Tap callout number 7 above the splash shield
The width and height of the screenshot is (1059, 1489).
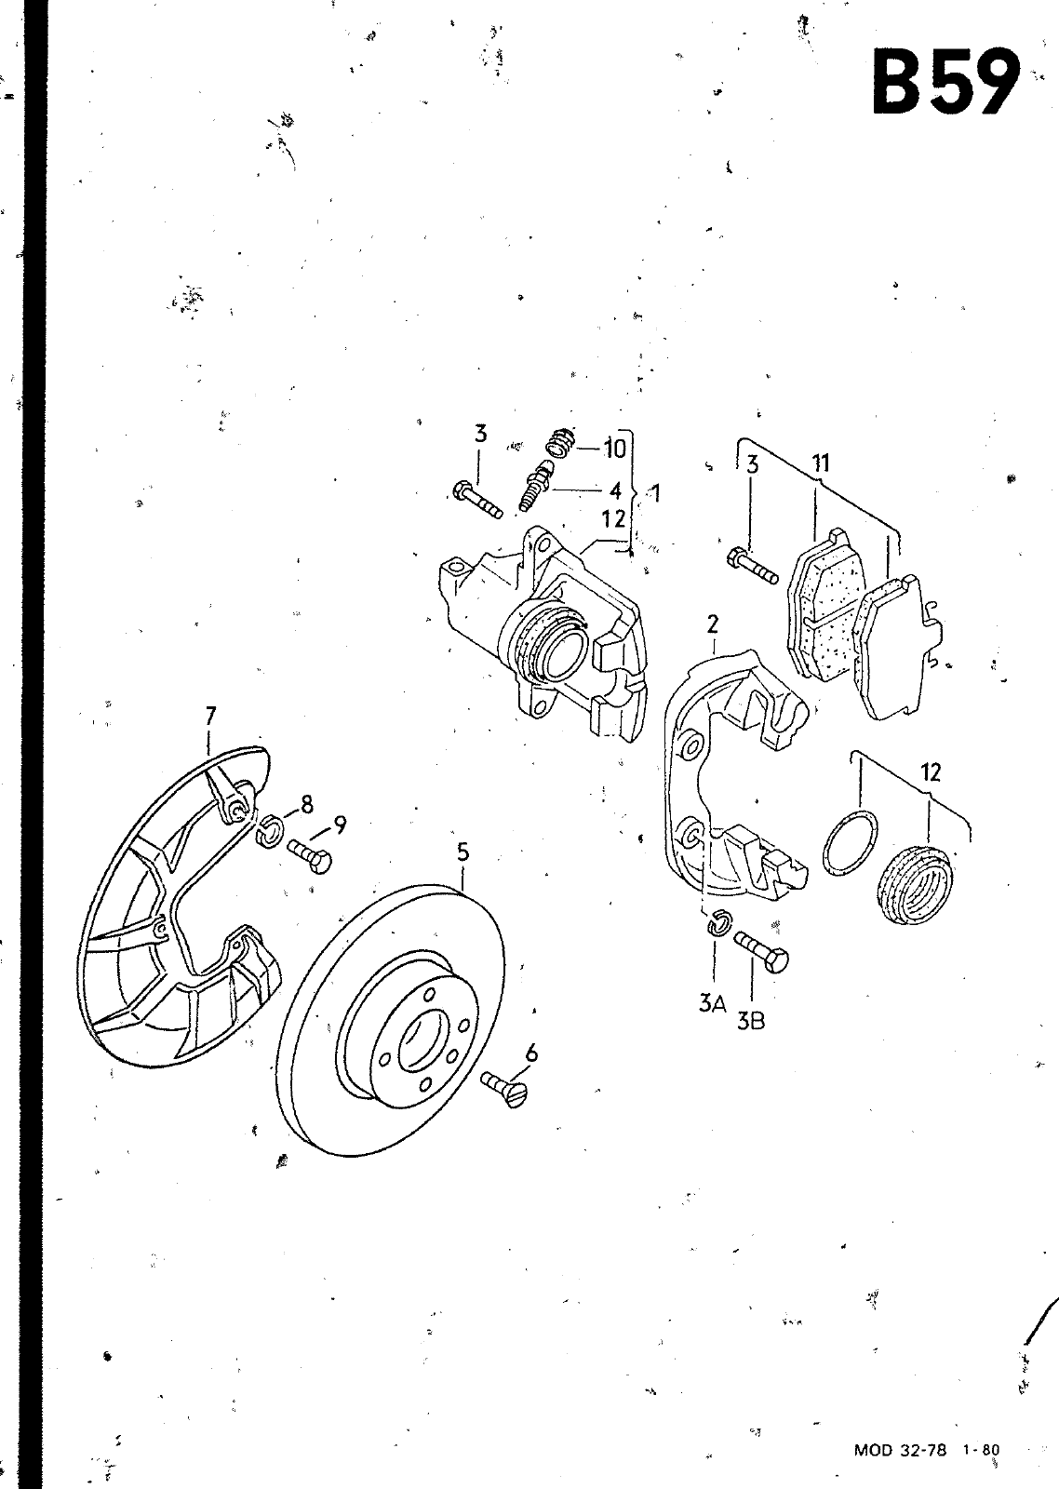pos(210,716)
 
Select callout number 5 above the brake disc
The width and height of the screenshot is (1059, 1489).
pos(462,852)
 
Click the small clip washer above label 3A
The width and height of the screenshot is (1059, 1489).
pos(718,922)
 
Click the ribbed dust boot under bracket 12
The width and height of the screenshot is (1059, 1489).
pos(916,884)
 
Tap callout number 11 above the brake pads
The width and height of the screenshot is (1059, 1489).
pos(821,462)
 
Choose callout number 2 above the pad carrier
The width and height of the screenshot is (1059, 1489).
pos(713,624)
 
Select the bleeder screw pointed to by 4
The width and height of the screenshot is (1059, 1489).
pos(537,487)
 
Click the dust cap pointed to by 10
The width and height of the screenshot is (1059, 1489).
pos(561,443)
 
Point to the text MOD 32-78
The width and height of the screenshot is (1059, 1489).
pos(900,1450)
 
